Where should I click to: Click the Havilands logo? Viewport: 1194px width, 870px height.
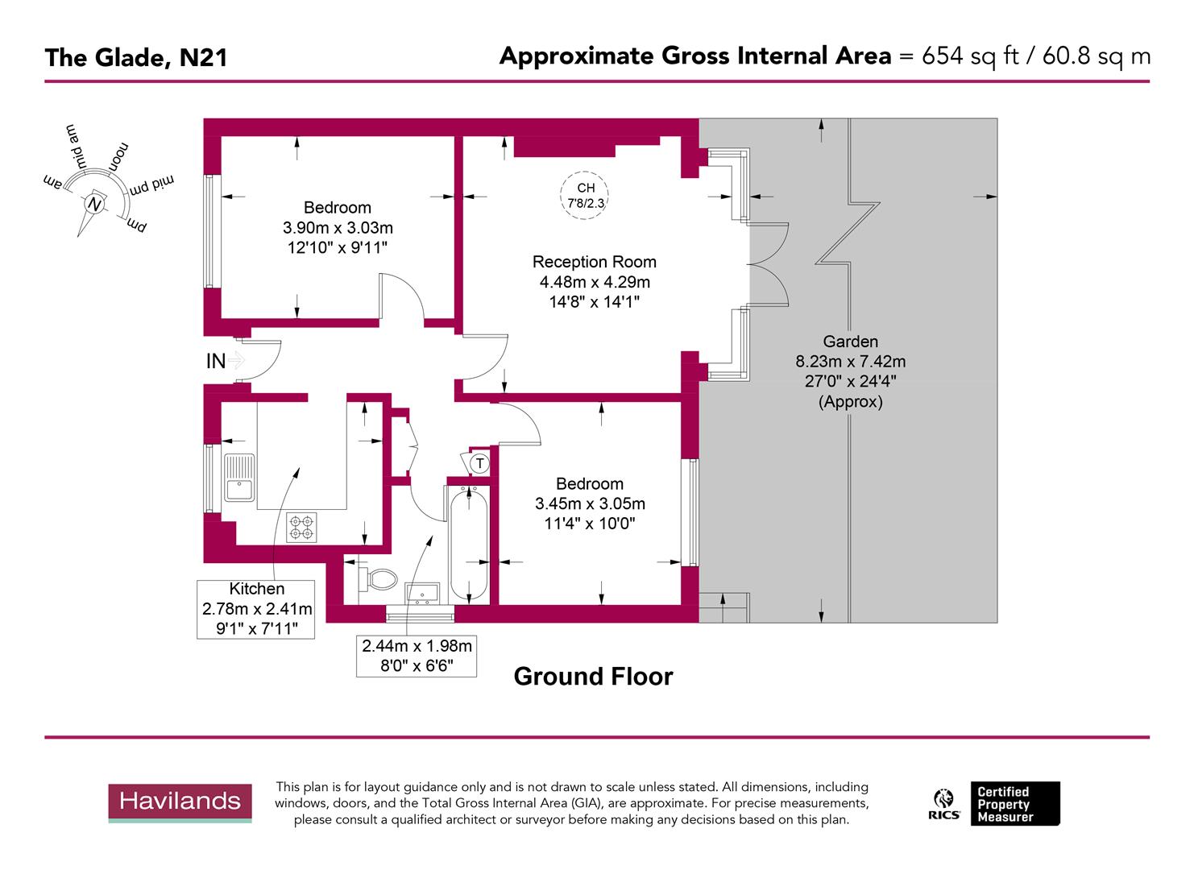180,802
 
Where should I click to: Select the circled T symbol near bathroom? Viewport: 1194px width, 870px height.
479,464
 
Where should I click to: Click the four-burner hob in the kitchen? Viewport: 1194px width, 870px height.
301,527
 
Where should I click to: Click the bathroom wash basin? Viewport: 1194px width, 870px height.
422,593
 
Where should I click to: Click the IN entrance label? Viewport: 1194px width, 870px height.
216,362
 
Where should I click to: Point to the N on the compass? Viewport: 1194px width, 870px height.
96,205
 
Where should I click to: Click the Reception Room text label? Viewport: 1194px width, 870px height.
594,262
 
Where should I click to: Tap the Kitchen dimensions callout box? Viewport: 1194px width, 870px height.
256,608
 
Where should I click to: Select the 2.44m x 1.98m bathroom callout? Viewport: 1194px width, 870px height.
417,655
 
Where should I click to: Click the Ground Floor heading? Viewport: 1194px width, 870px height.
593,676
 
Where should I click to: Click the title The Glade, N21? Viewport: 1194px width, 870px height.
135,58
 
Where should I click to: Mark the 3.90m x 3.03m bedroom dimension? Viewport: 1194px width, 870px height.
337,228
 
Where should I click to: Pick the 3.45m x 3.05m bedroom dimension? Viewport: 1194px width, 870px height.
590,504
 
